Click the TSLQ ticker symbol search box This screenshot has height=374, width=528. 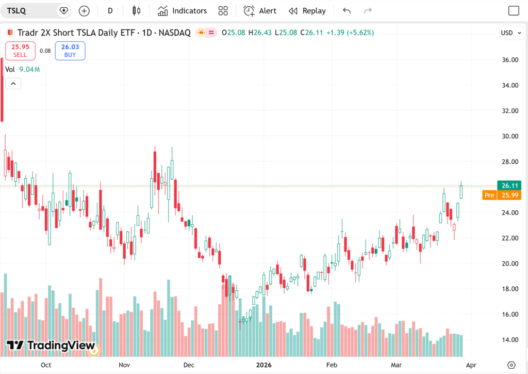[x=31, y=10]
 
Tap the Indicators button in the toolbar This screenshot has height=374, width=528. [x=183, y=11]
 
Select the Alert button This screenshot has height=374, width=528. [x=260, y=11]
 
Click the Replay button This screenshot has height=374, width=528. [x=307, y=11]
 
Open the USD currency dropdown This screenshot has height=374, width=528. [x=509, y=33]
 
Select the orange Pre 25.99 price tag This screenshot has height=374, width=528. [x=502, y=195]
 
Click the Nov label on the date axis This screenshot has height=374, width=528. [x=124, y=365]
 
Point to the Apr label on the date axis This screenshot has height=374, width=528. [x=471, y=365]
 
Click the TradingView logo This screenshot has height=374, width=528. [x=51, y=346]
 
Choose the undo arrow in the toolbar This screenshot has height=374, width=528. [x=346, y=11]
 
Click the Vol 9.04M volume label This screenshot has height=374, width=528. [x=22, y=69]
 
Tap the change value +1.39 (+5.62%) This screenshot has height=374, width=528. [x=353, y=33]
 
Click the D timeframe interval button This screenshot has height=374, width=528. [x=110, y=11]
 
